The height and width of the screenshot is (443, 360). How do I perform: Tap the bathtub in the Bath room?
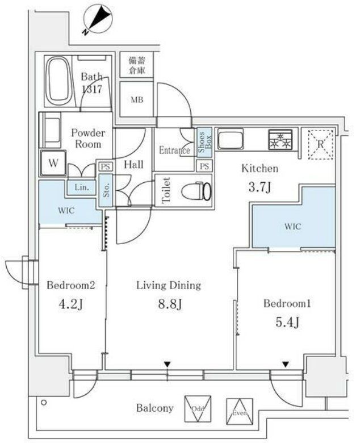[57, 82]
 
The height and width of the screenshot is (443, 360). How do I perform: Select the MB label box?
[136, 101]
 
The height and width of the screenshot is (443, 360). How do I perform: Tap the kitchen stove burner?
[282, 140]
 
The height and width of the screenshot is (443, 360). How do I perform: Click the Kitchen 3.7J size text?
[260, 187]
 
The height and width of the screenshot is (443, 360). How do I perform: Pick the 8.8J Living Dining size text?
[168, 306]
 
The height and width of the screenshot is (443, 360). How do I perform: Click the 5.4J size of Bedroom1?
[287, 323]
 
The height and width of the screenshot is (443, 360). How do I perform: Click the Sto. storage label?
[106, 187]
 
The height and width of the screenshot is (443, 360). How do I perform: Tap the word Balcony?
[154, 408]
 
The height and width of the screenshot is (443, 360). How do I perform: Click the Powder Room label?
[88, 139]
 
